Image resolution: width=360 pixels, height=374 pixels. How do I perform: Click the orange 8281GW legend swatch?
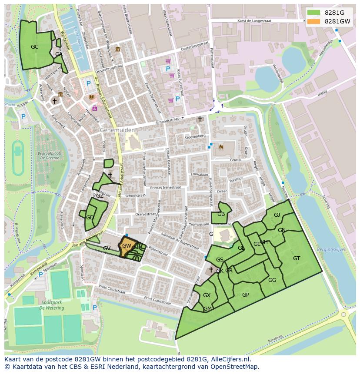[x=313, y=21]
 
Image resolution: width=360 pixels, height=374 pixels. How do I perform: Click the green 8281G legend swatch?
[x=313, y=13]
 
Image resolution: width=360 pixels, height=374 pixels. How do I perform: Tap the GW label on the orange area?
[x=127, y=246]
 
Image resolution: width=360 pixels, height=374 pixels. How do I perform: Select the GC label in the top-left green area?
[x=35, y=46]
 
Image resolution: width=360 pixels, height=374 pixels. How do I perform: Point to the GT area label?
[x=297, y=258]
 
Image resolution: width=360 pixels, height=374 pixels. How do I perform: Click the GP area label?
[x=246, y=295]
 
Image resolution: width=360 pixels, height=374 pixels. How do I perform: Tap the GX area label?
[x=207, y=295]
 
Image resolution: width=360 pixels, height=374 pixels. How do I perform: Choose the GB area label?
[x=221, y=214]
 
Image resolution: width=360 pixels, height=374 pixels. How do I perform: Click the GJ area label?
[x=277, y=215]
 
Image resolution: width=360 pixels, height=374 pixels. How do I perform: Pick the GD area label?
[x=90, y=218]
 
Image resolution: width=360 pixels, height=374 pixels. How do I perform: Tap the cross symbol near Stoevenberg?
[x=200, y=119]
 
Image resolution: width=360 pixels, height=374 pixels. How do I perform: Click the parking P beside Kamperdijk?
[x=41, y=274]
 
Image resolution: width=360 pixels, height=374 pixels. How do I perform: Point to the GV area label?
[x=107, y=248]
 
